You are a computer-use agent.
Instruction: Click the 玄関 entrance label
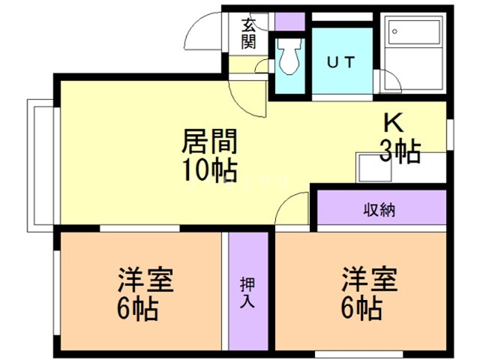(x=248, y=34)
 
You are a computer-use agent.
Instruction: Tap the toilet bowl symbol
(x=289, y=56)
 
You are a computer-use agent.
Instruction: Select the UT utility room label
(x=341, y=62)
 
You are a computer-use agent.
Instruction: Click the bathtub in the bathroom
(x=414, y=31)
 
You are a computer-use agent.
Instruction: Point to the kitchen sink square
(x=373, y=168)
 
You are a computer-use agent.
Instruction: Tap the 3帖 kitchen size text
(x=400, y=151)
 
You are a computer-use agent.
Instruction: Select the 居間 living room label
(x=210, y=141)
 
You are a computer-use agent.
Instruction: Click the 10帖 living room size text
(x=210, y=169)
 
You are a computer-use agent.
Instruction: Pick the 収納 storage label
(x=379, y=210)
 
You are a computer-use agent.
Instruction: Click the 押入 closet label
(x=247, y=292)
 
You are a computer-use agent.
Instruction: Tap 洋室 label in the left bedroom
(x=146, y=280)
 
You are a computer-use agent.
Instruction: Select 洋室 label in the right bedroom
(x=370, y=279)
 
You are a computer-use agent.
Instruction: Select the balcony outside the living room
(x=40, y=165)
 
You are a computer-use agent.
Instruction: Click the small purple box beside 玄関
(x=290, y=22)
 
